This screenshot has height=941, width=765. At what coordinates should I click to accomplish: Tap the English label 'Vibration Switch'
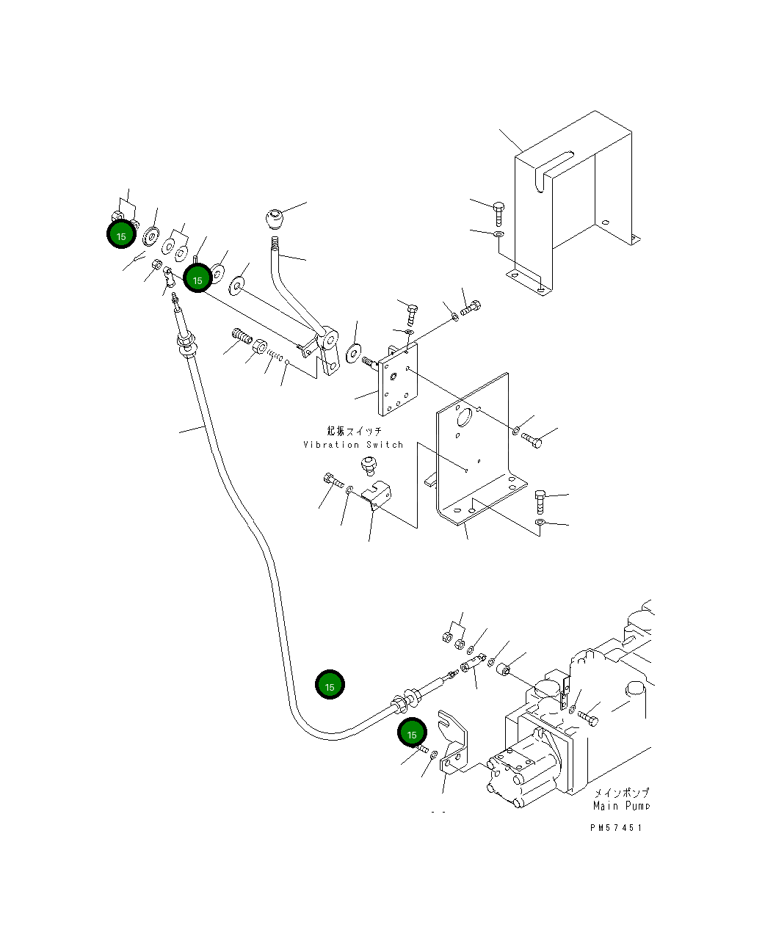click(x=353, y=445)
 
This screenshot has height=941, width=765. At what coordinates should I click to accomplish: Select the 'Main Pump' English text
click(x=621, y=806)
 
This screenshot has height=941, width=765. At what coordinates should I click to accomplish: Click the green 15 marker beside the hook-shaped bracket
click(x=412, y=734)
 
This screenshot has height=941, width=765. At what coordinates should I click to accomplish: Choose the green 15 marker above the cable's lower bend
click(x=330, y=685)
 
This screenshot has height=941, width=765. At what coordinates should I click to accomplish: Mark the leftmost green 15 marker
click(x=121, y=235)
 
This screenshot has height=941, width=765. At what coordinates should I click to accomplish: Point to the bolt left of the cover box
click(x=498, y=213)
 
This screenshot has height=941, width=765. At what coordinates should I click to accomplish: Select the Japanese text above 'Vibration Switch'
click(x=355, y=431)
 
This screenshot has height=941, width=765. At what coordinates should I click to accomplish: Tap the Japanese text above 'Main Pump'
click(x=621, y=793)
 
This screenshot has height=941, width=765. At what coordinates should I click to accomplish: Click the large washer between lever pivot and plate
click(x=354, y=353)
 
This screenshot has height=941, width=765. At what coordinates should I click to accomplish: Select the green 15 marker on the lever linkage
click(x=197, y=278)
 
